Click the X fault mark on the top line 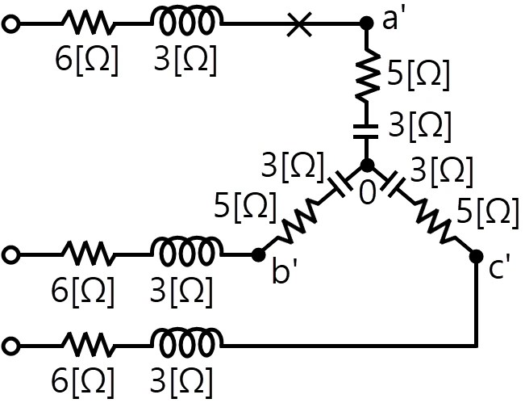point(299,23)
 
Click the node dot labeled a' point(367,23)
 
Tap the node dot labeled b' point(258,255)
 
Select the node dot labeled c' point(476,257)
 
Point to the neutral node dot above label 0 point(367,166)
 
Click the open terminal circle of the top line point(10,24)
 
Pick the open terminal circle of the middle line point(10,255)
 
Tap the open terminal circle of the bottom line point(10,346)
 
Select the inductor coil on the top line point(186,20)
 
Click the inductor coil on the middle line point(186,251)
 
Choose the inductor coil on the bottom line point(186,342)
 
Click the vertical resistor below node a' point(367,73)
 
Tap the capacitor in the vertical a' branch point(366,132)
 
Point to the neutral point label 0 point(367,193)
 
